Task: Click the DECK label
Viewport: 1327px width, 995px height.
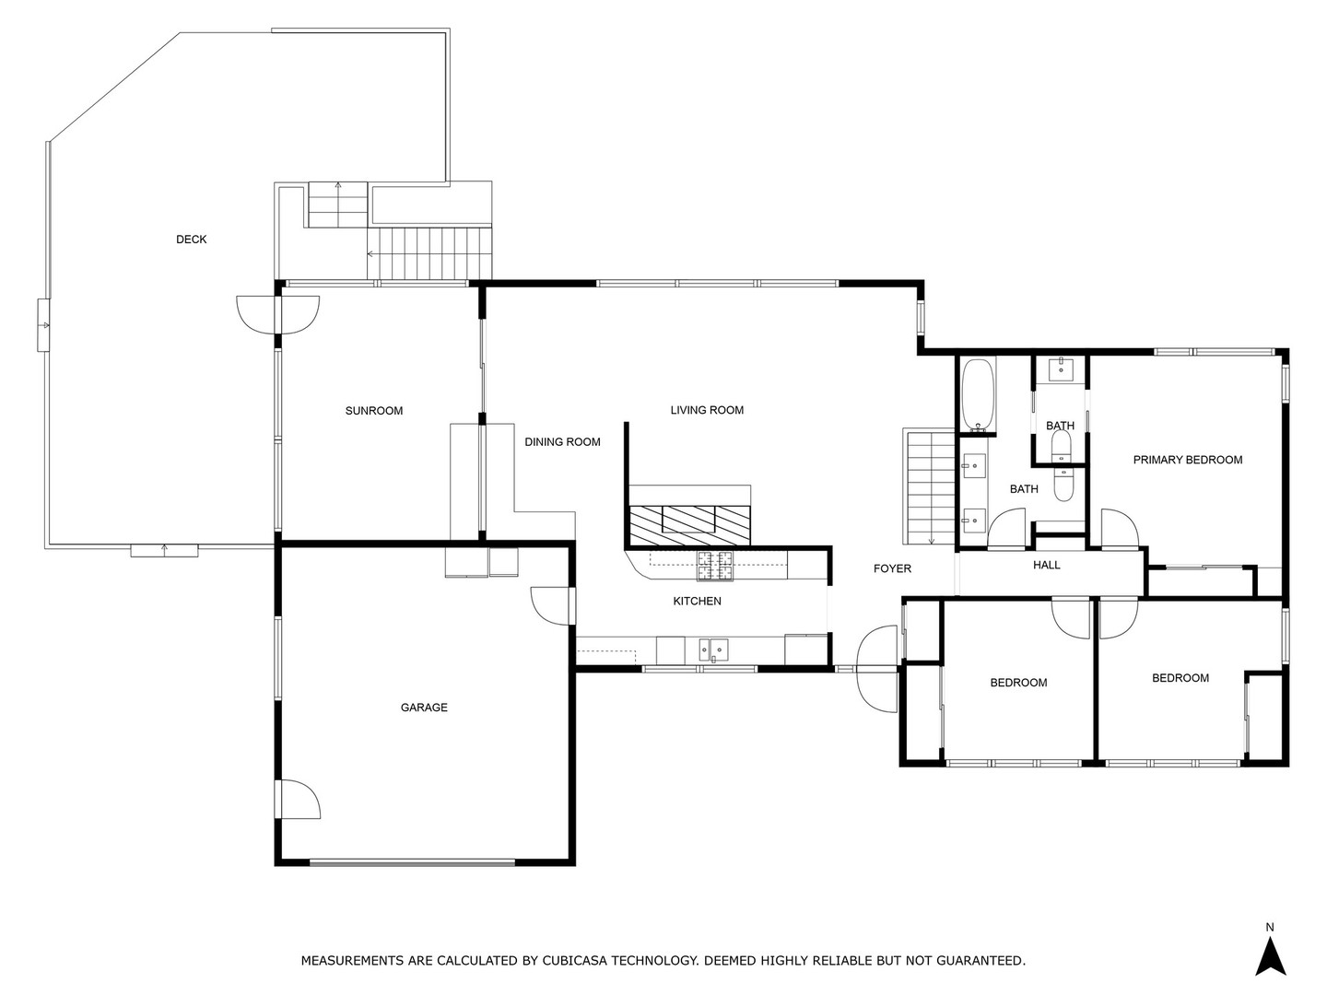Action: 191,240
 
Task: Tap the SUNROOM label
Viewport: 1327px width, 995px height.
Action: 373,411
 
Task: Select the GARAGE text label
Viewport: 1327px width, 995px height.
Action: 424,707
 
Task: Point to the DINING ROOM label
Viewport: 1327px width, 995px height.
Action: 562,441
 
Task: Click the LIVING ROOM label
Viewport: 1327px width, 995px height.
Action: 707,410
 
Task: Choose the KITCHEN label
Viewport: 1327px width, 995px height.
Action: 697,601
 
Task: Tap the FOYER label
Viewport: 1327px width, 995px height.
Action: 892,568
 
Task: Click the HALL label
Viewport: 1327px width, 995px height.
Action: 1046,565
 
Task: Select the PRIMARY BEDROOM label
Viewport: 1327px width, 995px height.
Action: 1187,460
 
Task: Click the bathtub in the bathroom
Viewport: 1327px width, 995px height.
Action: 977,394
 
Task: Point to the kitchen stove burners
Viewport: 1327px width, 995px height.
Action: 714,566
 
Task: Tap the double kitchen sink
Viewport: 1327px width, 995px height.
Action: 713,650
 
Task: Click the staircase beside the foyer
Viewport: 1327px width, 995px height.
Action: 930,487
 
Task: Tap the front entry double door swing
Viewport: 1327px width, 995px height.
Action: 877,669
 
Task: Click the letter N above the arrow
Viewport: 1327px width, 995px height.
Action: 1270,927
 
